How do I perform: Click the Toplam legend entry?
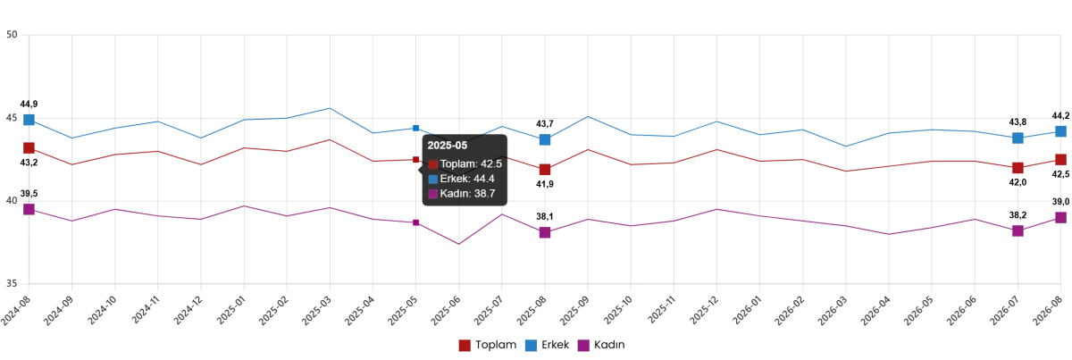pyautogui.click(x=488, y=345)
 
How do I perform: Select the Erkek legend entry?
pyautogui.click(x=547, y=345)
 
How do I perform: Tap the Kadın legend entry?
pyautogui.click(x=601, y=345)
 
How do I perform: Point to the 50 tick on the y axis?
pyautogui.click(x=12, y=35)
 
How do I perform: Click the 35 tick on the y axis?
pyautogui.click(x=12, y=283)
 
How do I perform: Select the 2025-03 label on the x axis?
pyautogui.click(x=318, y=310)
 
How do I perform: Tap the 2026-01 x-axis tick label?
pyautogui.click(x=748, y=310)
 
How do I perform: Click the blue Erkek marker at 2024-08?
pyautogui.click(x=29, y=120)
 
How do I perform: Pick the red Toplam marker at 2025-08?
pyautogui.click(x=545, y=170)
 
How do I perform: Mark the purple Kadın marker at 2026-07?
pyautogui.click(x=1018, y=230)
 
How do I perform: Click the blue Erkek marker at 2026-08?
pyautogui.click(x=1061, y=131)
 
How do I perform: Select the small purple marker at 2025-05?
pyautogui.click(x=416, y=222)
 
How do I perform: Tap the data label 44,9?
pyautogui.click(x=29, y=105)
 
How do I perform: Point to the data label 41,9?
pyautogui.click(x=545, y=184)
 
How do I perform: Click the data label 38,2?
pyautogui.click(x=1018, y=215)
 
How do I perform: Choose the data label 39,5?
pyautogui.click(x=29, y=194)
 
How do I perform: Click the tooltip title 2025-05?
pyautogui.click(x=447, y=146)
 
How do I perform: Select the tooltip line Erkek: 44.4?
pyautogui.click(x=461, y=179)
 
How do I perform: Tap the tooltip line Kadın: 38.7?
pyautogui.click(x=461, y=194)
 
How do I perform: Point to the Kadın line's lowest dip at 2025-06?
pyautogui.click(x=459, y=244)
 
